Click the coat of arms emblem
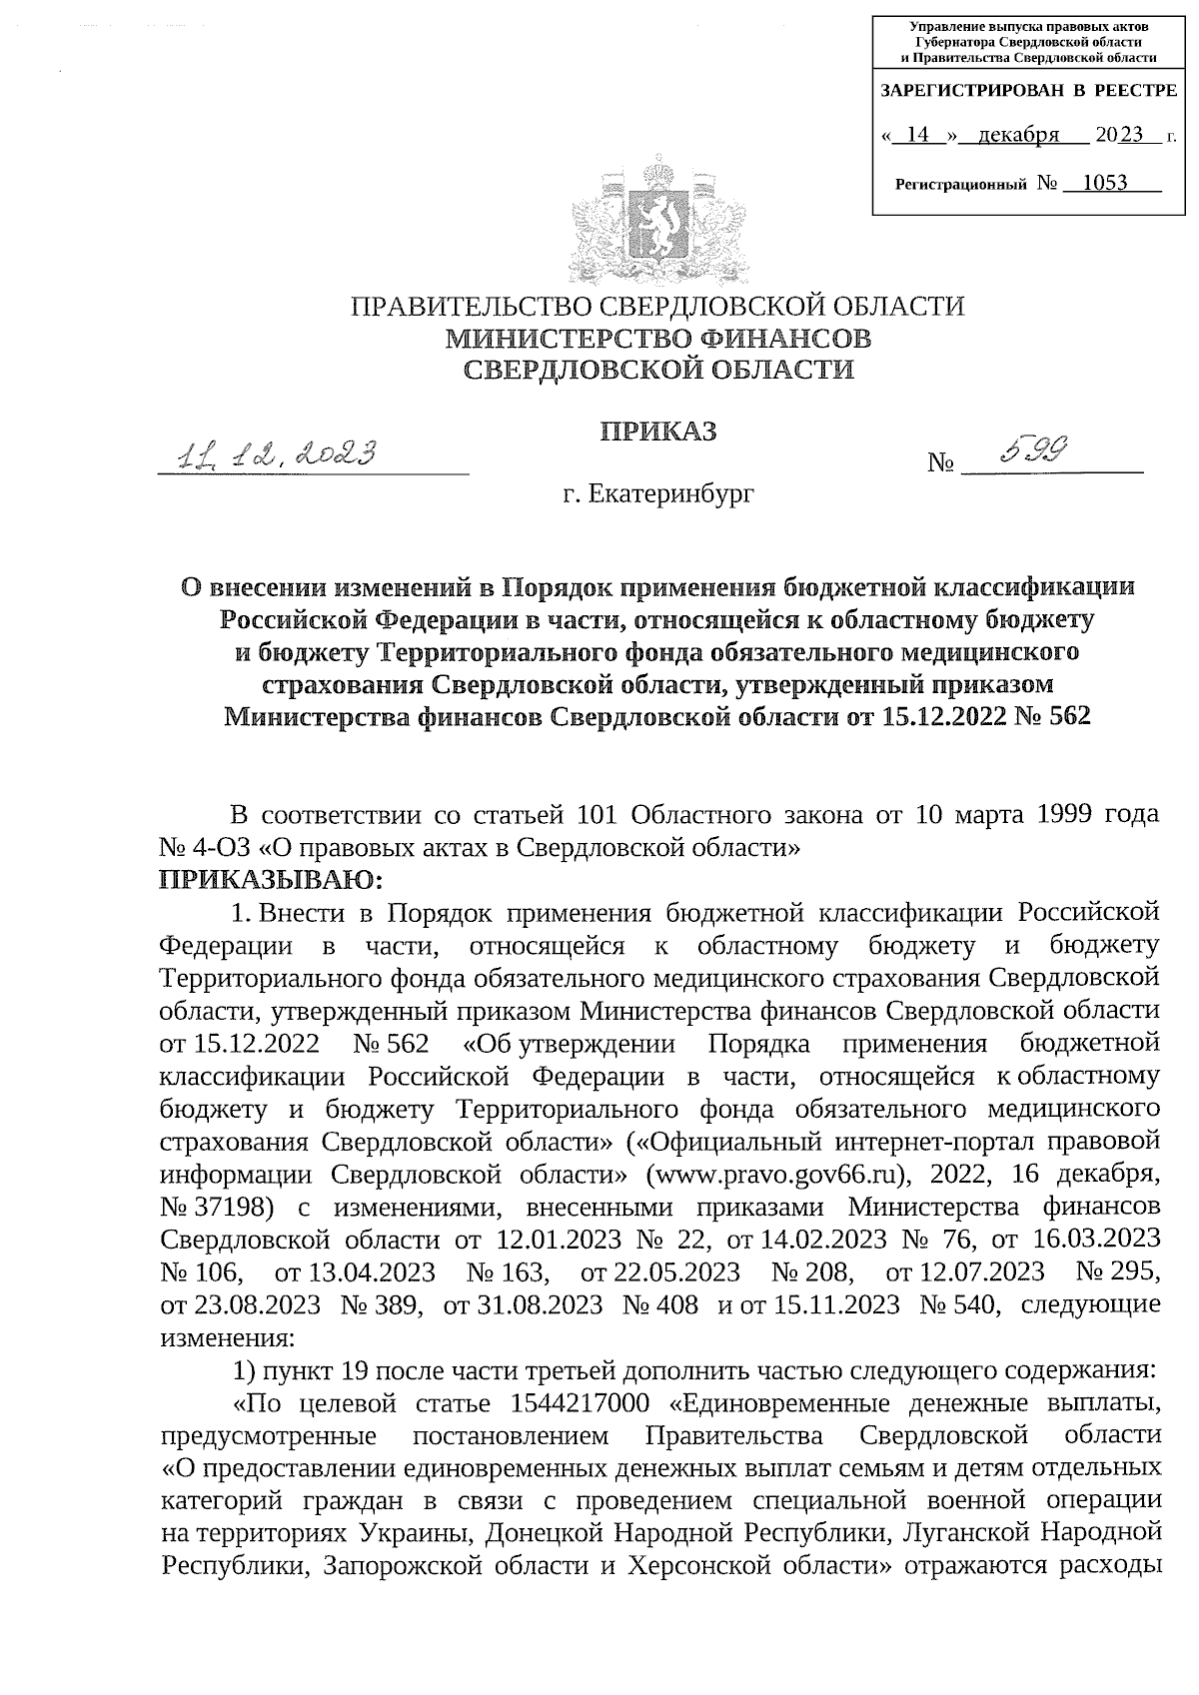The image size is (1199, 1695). [657, 217]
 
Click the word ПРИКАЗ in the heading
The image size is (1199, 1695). [657, 431]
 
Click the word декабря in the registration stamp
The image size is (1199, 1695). [1018, 135]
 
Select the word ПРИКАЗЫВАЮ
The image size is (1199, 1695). [271, 880]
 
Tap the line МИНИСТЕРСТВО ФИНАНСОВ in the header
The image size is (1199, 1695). [657, 338]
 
